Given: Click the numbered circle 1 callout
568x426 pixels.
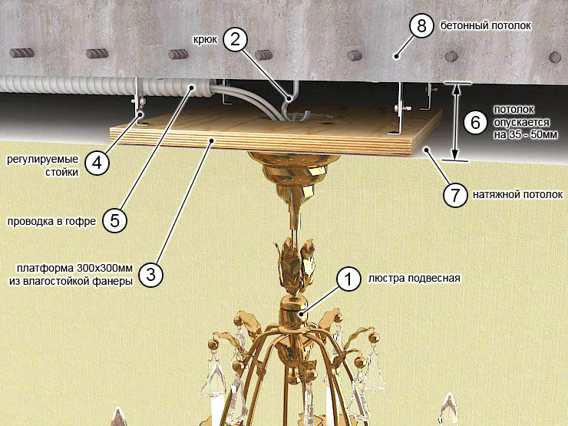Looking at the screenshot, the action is [x=348, y=279].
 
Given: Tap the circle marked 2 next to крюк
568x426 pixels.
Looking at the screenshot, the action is [x=235, y=38].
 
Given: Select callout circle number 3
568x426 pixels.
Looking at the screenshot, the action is [x=150, y=275].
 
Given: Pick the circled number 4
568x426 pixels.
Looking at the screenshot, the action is [x=97, y=163].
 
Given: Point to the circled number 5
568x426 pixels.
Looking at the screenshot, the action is [x=114, y=220].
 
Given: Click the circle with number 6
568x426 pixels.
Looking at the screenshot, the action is [x=476, y=123].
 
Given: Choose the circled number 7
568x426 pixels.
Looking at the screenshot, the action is [x=455, y=195].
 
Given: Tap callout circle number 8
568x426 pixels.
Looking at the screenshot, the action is [x=421, y=26].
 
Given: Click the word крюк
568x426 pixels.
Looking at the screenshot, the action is [x=205, y=39].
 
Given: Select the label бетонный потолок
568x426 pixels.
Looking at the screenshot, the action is [x=485, y=25].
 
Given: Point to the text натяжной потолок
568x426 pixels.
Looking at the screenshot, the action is [x=517, y=194].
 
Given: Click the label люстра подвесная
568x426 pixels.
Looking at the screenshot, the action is [x=414, y=278].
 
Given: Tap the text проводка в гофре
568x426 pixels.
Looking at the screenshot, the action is [x=51, y=221].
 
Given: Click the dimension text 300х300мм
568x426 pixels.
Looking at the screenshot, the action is [x=104, y=269].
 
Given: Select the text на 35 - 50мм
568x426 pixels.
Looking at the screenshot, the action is [x=525, y=135].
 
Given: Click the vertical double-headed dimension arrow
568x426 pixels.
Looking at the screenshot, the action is [x=455, y=122].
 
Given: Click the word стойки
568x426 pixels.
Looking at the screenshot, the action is [x=61, y=172].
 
